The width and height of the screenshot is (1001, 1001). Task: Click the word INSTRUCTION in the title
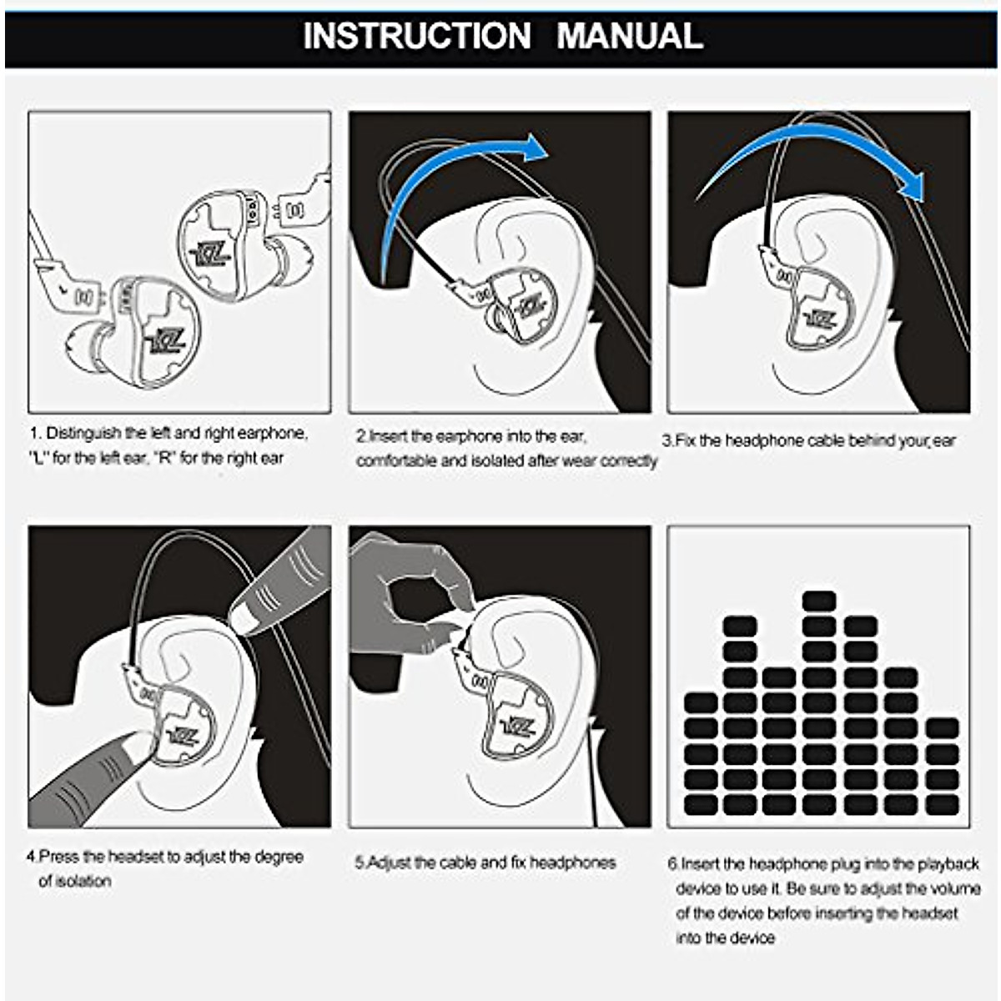[416, 36]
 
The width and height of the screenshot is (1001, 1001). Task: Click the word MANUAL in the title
[630, 36]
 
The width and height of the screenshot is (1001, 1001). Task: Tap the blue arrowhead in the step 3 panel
[914, 185]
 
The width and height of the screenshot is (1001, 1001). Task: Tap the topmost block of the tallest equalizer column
[818, 601]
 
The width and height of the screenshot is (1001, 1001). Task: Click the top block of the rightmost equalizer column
[941, 727]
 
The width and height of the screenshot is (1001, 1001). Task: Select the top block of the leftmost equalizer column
[701, 702]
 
